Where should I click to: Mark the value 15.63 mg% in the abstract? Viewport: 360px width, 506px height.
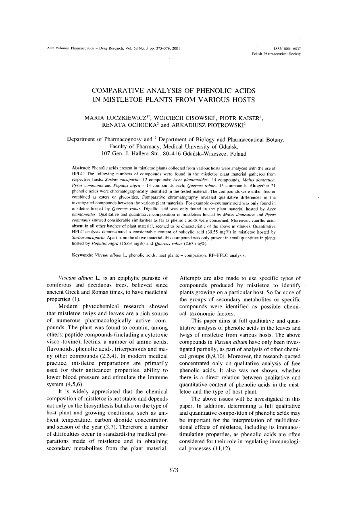click(x=119, y=245)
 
